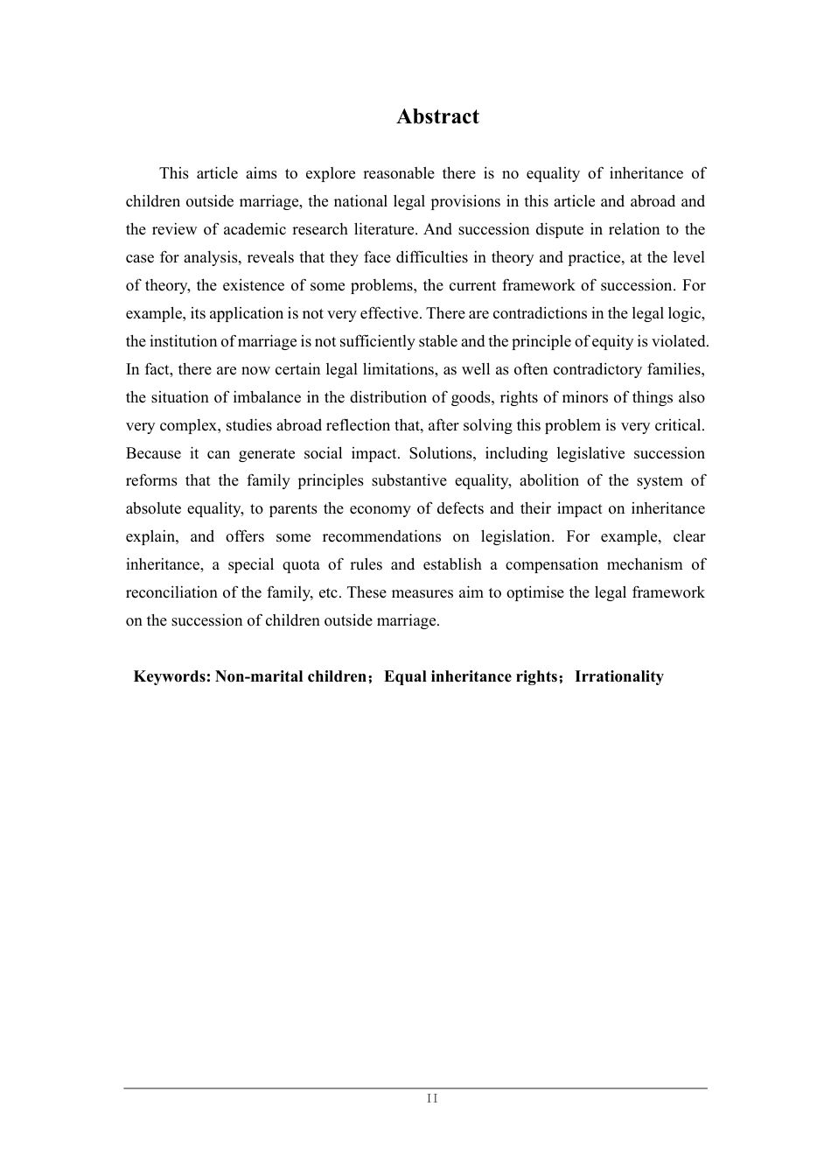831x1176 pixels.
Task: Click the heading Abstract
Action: click(437, 116)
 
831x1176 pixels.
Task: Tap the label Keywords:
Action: click(171, 676)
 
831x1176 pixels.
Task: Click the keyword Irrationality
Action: click(618, 676)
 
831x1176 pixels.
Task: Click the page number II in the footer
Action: click(432, 1099)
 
